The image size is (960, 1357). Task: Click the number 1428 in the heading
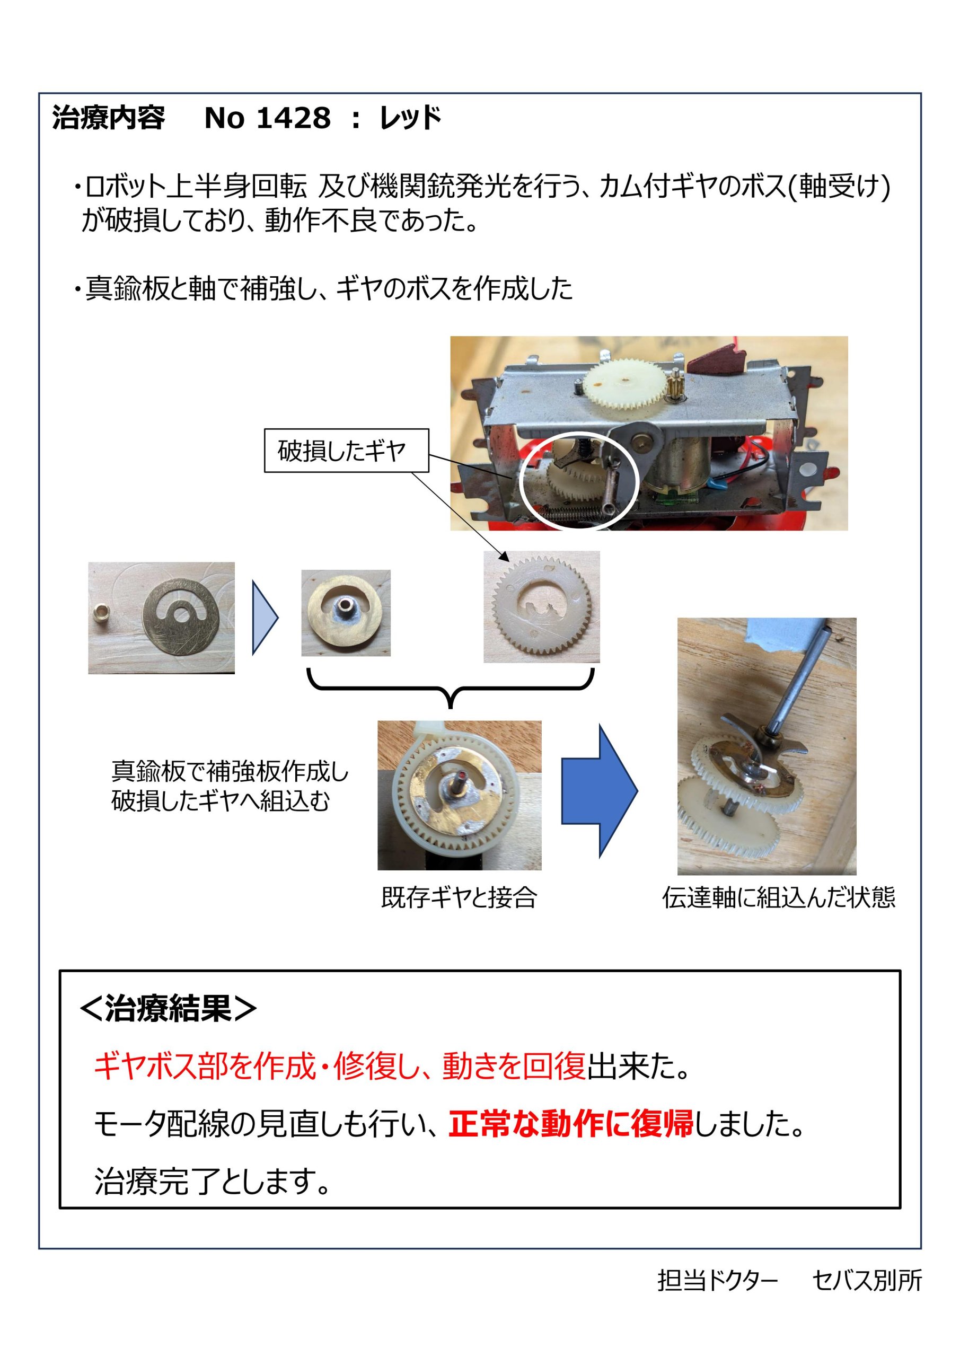point(294,118)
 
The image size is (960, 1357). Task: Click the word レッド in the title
point(411,118)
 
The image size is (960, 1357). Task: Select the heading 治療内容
point(109,118)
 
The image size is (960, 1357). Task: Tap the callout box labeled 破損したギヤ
point(346,451)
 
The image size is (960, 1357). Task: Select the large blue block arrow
point(599,791)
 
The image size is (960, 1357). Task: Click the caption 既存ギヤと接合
point(459,897)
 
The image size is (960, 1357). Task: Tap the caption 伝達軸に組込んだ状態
point(779,897)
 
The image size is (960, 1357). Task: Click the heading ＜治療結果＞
point(168,1008)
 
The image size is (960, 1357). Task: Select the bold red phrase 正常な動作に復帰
point(570,1124)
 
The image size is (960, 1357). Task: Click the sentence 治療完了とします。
point(212,1182)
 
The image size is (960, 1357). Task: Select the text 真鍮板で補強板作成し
point(230,771)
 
